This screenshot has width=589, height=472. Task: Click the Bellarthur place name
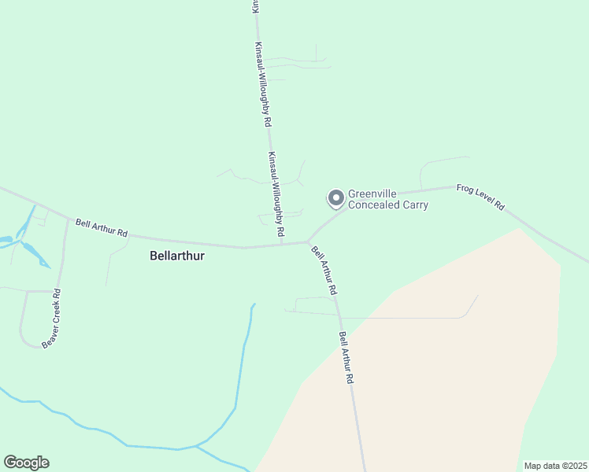click(176, 256)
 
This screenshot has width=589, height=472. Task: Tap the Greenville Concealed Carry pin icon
click(335, 198)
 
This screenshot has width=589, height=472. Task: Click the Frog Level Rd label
click(480, 197)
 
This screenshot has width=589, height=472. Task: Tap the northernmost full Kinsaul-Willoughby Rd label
click(263, 85)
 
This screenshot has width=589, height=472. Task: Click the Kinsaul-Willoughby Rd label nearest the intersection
click(276, 195)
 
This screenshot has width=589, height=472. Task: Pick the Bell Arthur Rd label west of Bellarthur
click(102, 228)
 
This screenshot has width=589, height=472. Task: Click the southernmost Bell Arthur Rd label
click(346, 357)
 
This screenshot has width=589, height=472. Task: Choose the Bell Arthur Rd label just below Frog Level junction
click(324, 271)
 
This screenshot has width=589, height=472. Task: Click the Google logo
click(26, 463)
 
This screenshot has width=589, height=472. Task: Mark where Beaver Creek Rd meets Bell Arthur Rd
click(68, 219)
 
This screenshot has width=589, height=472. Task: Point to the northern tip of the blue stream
click(254, 304)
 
